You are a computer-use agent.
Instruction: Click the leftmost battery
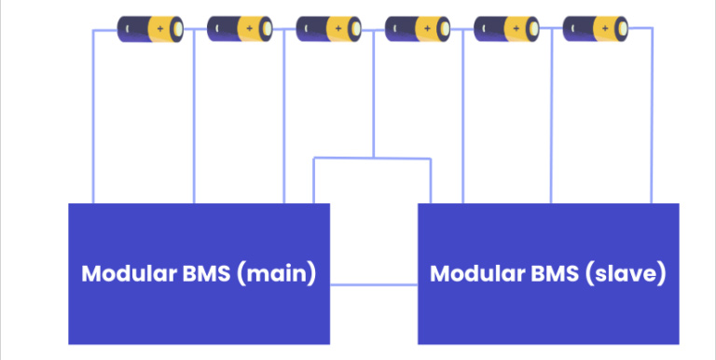click(149, 29)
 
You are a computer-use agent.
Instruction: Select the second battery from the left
click(239, 29)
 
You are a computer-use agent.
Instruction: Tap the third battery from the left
click(327, 29)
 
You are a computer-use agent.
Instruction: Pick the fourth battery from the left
click(417, 29)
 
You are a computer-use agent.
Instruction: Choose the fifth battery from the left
click(506, 29)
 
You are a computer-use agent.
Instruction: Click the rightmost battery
click(595, 29)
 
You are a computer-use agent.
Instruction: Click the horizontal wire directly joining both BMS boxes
click(373, 284)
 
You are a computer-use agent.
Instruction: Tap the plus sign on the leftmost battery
click(159, 29)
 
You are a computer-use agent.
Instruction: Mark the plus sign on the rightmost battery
click(605, 29)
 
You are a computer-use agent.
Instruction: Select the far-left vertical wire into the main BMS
click(92, 121)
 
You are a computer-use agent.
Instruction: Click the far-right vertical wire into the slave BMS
click(651, 121)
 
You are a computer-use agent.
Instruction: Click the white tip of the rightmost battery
click(622, 29)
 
